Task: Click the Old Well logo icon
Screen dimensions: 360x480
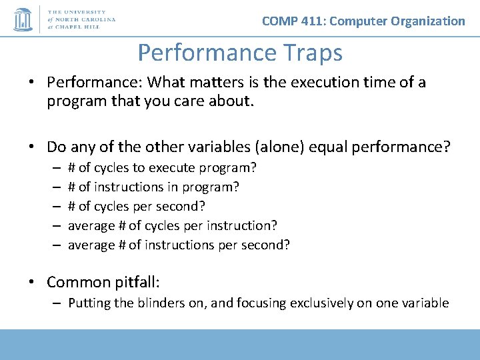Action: [x=23, y=19]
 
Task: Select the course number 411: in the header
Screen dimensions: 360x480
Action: [x=311, y=21]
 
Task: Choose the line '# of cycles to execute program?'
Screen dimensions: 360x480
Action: [x=163, y=167]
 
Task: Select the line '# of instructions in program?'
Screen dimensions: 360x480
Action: [x=154, y=187]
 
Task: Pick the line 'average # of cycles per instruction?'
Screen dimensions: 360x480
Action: [x=173, y=225]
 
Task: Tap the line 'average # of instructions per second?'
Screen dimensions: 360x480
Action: [x=179, y=245]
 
